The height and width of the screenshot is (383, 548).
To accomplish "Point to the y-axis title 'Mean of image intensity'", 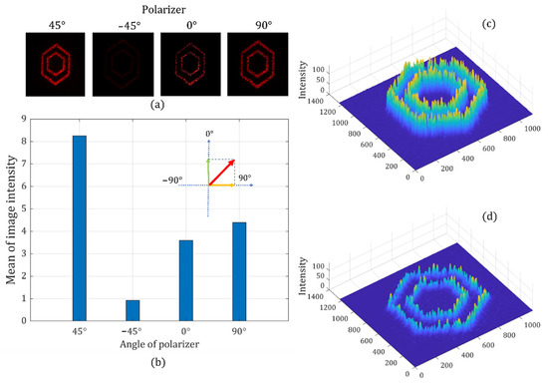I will tap(12, 220).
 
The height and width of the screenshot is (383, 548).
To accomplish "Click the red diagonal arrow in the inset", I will tap(221, 172).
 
